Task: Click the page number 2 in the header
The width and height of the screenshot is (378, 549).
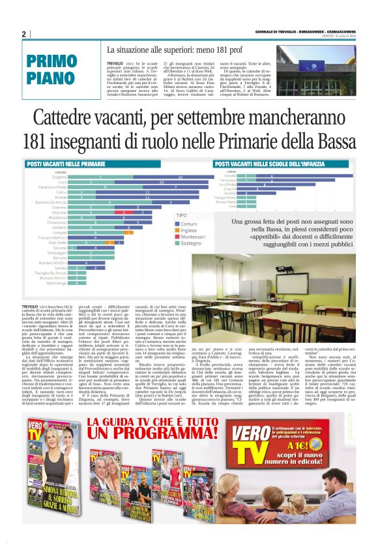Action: [x=23, y=34]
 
